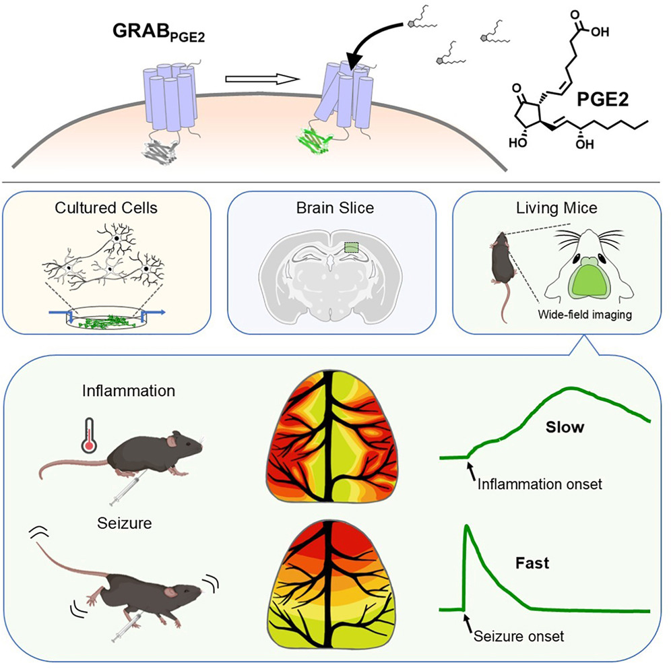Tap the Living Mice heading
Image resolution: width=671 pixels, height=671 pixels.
point(556,208)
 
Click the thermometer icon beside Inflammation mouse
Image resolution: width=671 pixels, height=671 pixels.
point(88,437)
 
